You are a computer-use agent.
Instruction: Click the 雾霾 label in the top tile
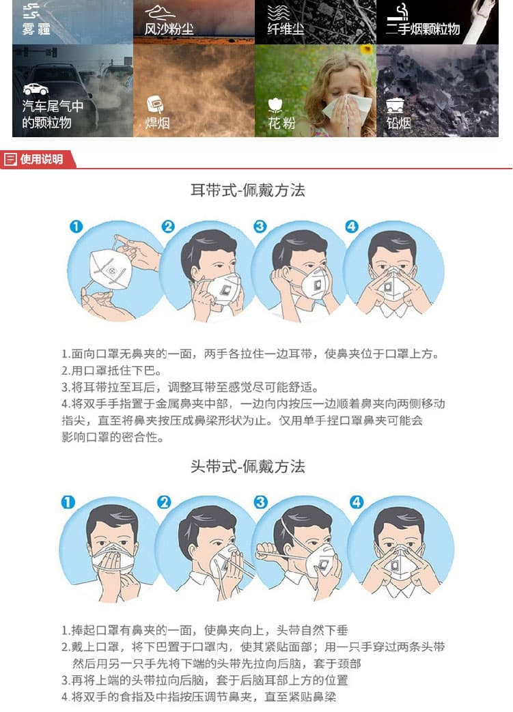point(36,29)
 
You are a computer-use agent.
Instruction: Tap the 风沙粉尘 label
point(169,29)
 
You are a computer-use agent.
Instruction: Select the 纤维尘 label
point(286,29)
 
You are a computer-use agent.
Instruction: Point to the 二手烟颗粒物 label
point(423,29)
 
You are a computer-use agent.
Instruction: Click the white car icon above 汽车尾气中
point(36,89)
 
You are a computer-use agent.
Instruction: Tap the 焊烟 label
point(157,123)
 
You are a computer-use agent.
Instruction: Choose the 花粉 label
point(281,123)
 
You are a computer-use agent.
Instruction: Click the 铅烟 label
point(398,123)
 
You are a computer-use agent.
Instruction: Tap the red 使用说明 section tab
point(38,159)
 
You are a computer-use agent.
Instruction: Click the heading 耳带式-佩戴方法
point(248,190)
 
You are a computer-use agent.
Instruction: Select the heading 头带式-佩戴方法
point(248,466)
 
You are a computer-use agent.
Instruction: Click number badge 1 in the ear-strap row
point(76,226)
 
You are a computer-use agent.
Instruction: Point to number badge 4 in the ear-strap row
point(352,226)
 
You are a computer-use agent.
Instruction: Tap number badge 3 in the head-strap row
point(260,502)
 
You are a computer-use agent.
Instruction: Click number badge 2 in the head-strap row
point(164,502)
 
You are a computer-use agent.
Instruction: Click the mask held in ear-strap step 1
point(111,269)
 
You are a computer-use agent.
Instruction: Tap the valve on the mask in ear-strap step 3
point(317,287)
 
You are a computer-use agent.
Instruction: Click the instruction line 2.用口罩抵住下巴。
point(112,371)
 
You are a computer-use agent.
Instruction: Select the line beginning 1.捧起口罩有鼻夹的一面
point(204,630)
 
